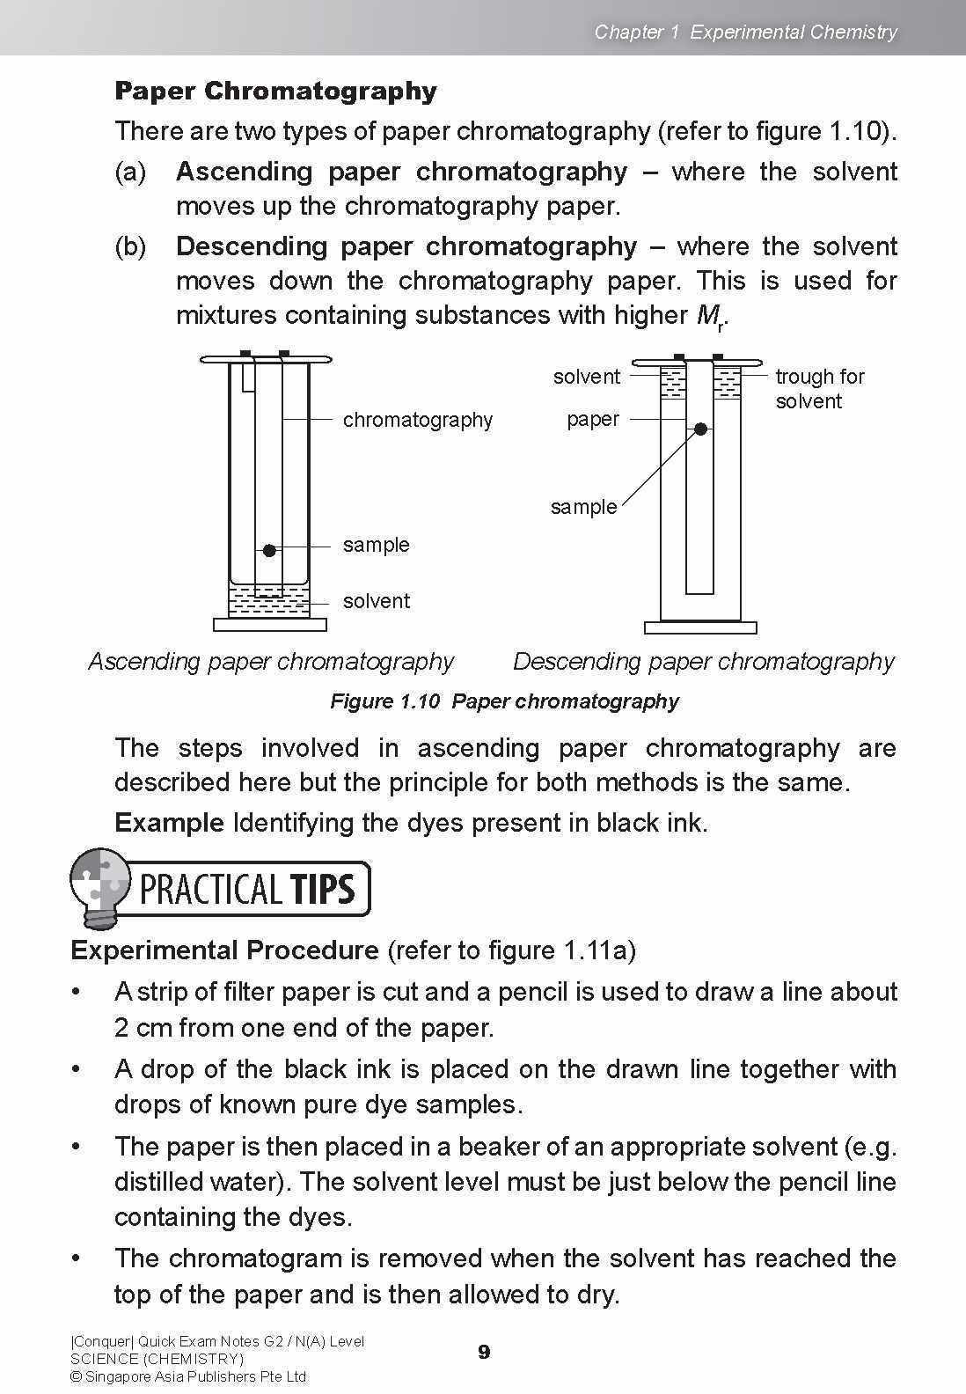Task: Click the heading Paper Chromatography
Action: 275,92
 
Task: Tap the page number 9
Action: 484,1352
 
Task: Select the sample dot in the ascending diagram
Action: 269,551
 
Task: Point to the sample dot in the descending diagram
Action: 700,429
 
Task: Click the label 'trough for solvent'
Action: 819,389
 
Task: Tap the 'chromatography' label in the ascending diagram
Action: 417,420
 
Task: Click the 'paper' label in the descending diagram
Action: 592,419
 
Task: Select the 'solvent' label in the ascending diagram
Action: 376,601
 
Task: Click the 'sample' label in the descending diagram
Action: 583,507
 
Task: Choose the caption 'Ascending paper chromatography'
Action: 271,661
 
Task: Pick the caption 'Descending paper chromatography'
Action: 703,661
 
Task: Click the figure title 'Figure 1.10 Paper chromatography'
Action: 504,701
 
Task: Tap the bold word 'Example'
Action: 169,823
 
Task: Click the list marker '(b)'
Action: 130,246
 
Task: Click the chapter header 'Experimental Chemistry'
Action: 793,33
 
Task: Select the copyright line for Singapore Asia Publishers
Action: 187,1376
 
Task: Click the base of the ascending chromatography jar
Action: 269,625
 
